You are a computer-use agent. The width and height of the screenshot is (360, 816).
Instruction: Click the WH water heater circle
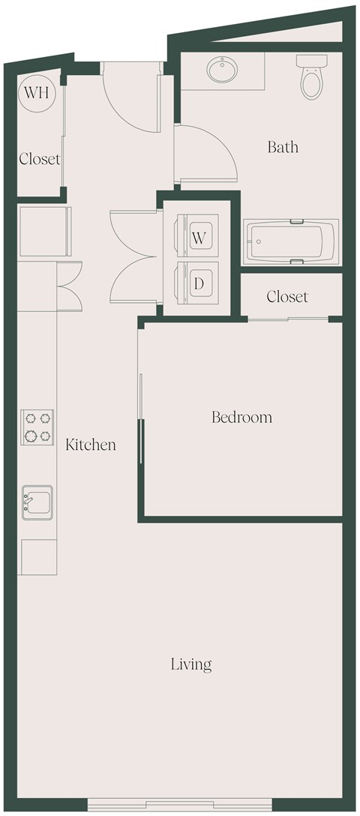point(33,93)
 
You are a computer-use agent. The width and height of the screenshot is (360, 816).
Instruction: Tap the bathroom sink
point(223,71)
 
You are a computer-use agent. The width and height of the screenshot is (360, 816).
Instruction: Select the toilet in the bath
point(310,77)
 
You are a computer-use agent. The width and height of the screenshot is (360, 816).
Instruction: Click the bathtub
point(291,241)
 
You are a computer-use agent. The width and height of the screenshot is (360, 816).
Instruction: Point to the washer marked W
point(199,238)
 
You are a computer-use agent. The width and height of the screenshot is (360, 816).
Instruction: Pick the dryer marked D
point(199,283)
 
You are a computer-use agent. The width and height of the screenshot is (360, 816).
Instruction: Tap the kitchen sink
point(37,501)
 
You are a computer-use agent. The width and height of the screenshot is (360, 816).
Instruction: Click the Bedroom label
point(241,417)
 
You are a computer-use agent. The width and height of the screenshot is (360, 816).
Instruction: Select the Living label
point(191,664)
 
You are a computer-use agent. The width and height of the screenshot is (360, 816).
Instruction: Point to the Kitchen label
point(91,445)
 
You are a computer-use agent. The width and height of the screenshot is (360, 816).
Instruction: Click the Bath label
point(283,147)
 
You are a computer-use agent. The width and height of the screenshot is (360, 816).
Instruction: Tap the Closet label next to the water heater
point(39,159)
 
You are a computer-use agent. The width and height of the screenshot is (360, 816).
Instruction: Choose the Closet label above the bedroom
point(287,297)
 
